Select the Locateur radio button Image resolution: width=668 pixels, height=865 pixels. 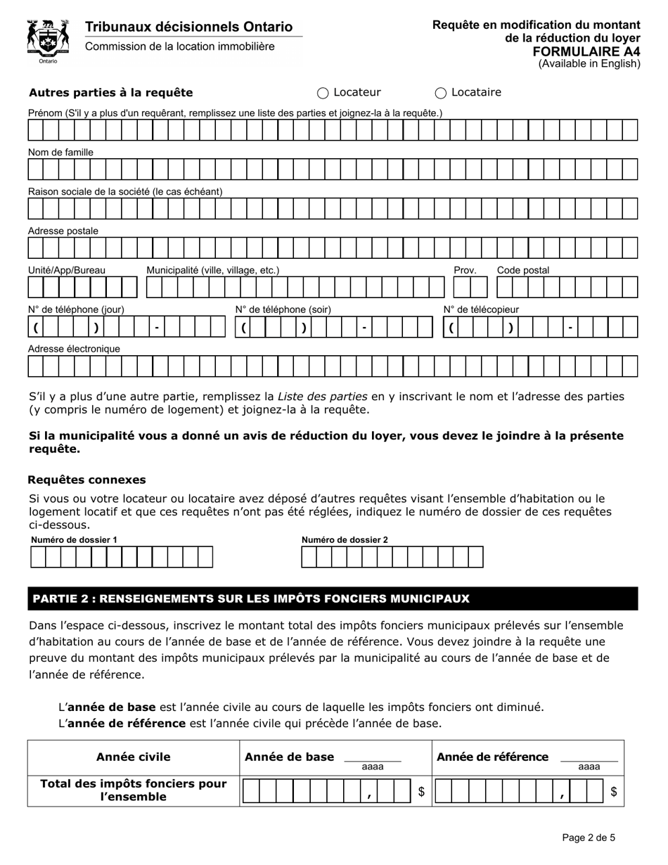(x=323, y=93)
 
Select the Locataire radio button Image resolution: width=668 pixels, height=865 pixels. (x=441, y=93)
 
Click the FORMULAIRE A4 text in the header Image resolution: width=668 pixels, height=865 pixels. (x=586, y=51)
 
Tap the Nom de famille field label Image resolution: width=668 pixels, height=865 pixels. (x=60, y=152)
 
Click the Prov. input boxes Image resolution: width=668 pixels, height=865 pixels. (x=470, y=288)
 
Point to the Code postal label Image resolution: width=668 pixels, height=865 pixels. (x=523, y=270)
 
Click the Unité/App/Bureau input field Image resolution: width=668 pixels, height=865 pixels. (x=82, y=288)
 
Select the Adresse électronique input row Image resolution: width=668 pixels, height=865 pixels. (x=333, y=366)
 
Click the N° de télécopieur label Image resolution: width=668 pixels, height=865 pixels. (x=481, y=309)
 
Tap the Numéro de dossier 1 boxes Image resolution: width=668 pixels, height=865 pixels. (x=121, y=557)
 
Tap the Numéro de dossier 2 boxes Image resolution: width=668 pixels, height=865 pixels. (x=392, y=557)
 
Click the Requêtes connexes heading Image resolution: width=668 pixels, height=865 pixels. (x=86, y=480)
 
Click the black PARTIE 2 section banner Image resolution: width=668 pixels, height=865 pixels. (x=333, y=598)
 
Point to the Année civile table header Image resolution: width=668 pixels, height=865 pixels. (x=133, y=757)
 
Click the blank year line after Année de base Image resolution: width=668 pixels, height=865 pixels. (x=372, y=757)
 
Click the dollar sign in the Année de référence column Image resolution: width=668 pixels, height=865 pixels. (x=613, y=792)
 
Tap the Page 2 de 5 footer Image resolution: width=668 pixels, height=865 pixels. (x=589, y=838)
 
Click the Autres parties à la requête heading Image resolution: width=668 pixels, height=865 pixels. (x=110, y=93)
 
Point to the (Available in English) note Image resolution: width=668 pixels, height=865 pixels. (x=589, y=64)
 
